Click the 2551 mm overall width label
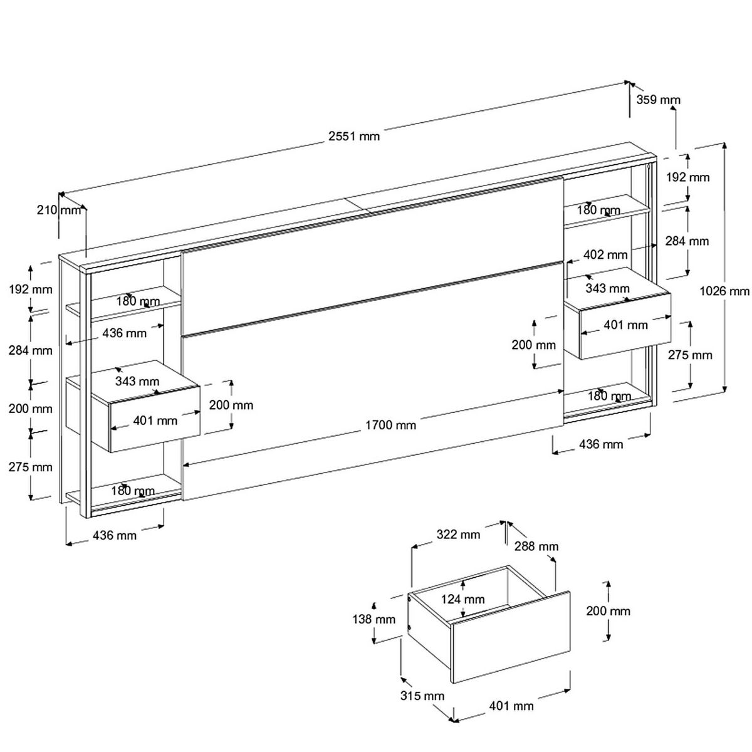pyautogui.click(x=354, y=136)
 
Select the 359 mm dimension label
pyautogui.click(x=658, y=100)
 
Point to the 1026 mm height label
pyautogui.click(x=724, y=291)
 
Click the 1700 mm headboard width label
pyautogui.click(x=390, y=425)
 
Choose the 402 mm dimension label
pyautogui.click(x=605, y=254)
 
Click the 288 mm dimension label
pyautogui.click(x=536, y=546)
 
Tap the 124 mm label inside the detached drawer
pyautogui.click(x=462, y=599)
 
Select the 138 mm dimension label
pyautogui.click(x=373, y=619)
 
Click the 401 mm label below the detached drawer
pyautogui.click(x=511, y=706)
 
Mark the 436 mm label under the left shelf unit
pyautogui.click(x=114, y=535)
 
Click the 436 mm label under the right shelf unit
pyautogui.click(x=601, y=444)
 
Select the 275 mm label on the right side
pyautogui.click(x=690, y=355)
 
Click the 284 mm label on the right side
pyautogui.click(x=687, y=241)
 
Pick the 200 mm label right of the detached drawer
pyautogui.click(x=608, y=611)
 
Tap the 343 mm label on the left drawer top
pyautogui.click(x=137, y=380)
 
